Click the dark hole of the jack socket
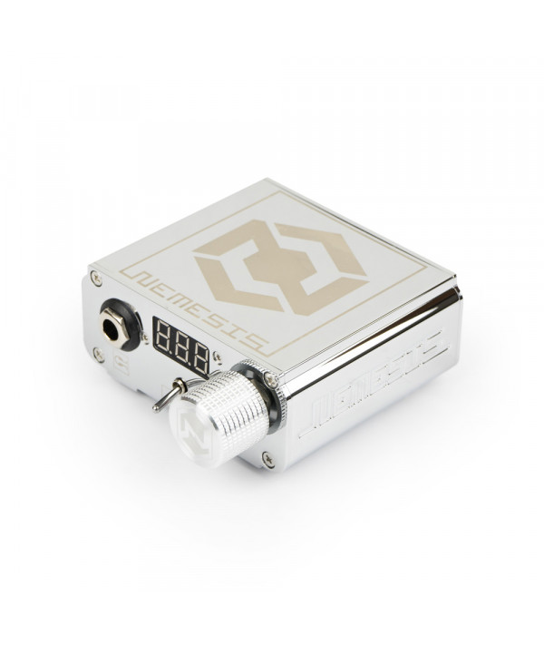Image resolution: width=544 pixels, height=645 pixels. pos(111,327)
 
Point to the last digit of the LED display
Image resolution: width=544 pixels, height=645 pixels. pos(200,357)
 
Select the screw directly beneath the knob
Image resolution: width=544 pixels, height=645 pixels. pos(268,459)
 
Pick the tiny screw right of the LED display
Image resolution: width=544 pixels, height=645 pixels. pos(218,356)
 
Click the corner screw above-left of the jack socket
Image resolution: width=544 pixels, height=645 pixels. pos(97,279)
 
